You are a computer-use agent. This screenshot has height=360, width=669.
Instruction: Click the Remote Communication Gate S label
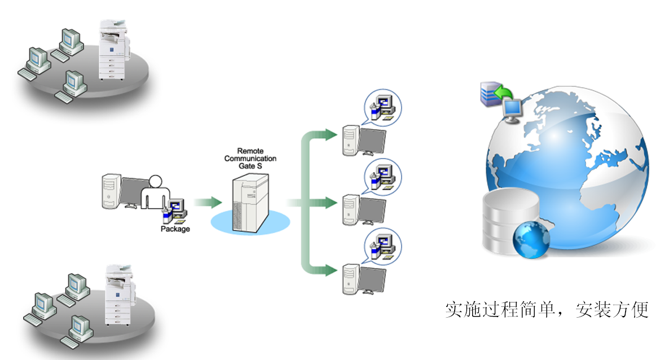tap(250, 159)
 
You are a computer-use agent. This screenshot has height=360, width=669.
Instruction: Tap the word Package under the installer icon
tap(175, 229)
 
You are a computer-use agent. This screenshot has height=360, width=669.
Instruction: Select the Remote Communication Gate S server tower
tap(250, 203)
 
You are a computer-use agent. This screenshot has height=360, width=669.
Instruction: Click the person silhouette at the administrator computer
tap(155, 192)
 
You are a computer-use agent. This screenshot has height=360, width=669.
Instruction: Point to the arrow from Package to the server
tap(208, 202)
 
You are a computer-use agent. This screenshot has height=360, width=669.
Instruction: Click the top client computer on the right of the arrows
tap(364, 141)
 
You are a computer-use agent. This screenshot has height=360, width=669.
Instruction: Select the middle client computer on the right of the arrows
tap(364, 210)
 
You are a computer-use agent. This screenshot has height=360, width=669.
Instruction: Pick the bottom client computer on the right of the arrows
tap(364, 279)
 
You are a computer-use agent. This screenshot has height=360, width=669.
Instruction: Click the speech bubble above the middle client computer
tap(382, 177)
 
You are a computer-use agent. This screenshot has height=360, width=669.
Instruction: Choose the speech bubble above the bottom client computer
tap(382, 246)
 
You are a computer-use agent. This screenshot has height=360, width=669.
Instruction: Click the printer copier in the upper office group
tap(113, 50)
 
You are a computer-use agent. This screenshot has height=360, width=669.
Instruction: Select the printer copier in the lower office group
tap(120, 295)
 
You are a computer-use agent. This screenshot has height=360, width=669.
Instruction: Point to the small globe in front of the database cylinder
tap(531, 240)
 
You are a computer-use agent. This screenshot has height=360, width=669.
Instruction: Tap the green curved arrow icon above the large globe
tap(504, 92)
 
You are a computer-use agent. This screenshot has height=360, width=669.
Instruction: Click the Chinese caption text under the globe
tap(547, 310)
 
